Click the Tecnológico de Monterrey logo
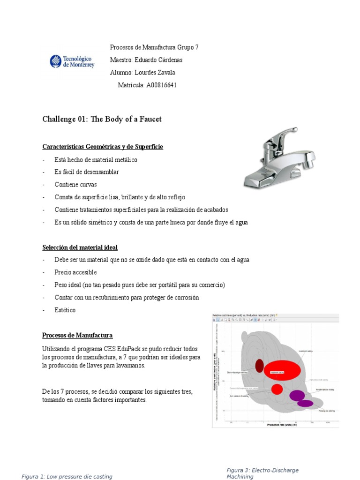(x=72, y=62)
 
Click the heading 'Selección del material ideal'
(x=80, y=247)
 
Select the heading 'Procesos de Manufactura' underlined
(x=77, y=335)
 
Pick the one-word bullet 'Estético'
(x=65, y=310)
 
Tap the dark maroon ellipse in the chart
(x=259, y=365)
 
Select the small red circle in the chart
(x=277, y=389)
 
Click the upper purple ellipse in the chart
(x=297, y=395)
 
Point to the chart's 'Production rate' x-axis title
(x=282, y=425)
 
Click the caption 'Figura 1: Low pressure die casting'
(x=67, y=477)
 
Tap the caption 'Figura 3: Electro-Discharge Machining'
(x=262, y=473)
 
